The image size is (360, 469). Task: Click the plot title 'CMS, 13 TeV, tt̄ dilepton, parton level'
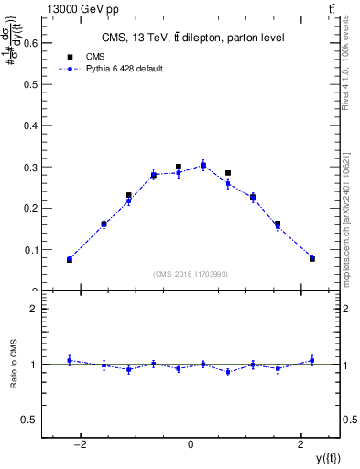click(191, 38)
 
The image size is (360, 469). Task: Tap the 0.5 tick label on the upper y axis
click(33, 83)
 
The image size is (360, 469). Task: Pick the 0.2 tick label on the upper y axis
click(33, 208)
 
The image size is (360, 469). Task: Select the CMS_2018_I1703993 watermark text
click(191, 274)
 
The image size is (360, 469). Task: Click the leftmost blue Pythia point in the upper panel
click(70, 260)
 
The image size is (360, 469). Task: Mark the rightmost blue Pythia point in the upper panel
click(311, 258)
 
